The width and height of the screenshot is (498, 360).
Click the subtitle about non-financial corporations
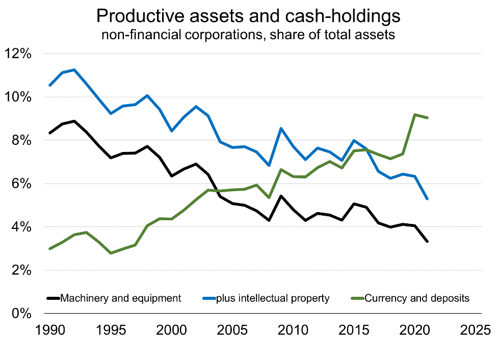click(248, 36)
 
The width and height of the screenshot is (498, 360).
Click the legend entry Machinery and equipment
click(120, 298)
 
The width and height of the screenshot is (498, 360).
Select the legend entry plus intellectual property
click(273, 298)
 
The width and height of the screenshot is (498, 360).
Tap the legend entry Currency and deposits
click(417, 298)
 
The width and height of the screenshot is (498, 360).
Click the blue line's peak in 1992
click(75, 70)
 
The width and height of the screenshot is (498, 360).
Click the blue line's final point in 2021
click(427, 198)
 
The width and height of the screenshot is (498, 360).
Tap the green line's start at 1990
click(49, 249)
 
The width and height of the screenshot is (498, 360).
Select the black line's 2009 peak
click(281, 196)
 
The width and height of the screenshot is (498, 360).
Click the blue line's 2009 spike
click(281, 128)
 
